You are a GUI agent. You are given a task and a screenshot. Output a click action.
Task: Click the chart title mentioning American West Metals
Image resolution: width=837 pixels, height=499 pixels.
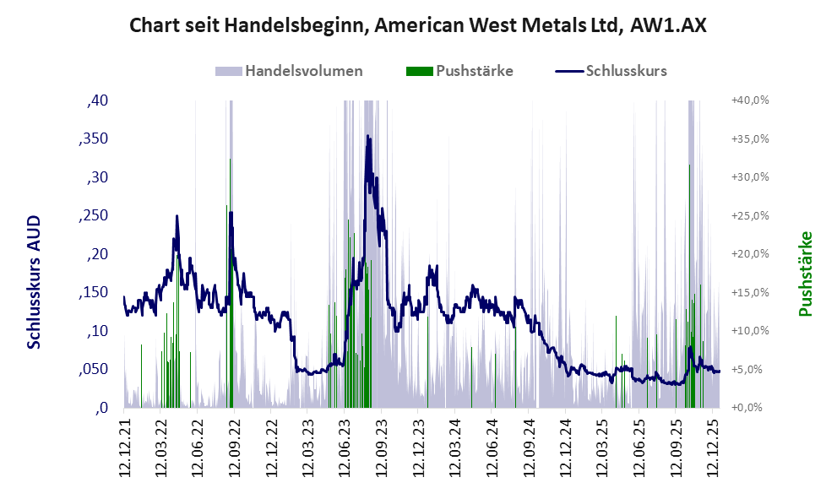click(x=418, y=26)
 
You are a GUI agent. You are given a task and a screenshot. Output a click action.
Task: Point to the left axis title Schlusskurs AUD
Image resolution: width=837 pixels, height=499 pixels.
click(x=34, y=282)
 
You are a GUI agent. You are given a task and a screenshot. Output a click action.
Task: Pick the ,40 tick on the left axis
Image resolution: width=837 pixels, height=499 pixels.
click(x=98, y=100)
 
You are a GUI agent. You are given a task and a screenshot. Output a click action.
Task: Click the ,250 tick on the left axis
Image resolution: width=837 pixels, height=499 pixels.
click(x=94, y=216)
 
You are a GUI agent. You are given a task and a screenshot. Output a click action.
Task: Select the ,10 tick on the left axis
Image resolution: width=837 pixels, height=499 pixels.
click(x=98, y=331)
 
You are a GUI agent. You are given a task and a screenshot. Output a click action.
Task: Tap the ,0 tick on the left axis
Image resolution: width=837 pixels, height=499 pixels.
click(x=101, y=408)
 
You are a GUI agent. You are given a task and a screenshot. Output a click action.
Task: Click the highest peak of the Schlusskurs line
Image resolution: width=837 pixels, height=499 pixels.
click(x=367, y=136)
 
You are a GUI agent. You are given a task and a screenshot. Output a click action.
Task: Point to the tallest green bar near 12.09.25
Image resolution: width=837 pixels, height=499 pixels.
click(x=690, y=166)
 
